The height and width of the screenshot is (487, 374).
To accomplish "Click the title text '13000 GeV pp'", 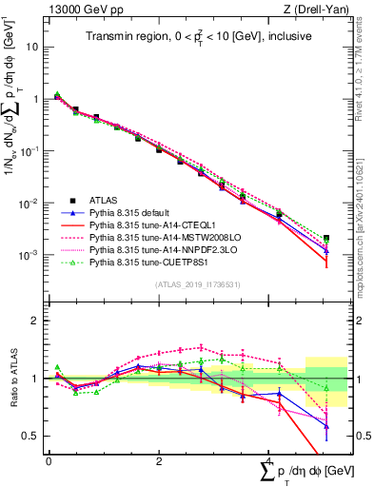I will click(x=80, y=10).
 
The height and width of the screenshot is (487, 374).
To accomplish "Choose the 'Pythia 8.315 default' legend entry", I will click(x=133, y=213).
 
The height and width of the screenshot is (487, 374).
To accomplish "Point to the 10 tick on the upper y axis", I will click(x=34, y=46).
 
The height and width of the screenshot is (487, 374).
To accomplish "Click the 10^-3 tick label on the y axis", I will click(x=30, y=256).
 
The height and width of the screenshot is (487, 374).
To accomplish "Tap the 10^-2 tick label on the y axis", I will click(x=30, y=204).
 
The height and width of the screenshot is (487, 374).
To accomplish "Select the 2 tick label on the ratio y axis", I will click(x=37, y=321).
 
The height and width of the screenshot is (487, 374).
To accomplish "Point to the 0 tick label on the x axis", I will click(x=49, y=461).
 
